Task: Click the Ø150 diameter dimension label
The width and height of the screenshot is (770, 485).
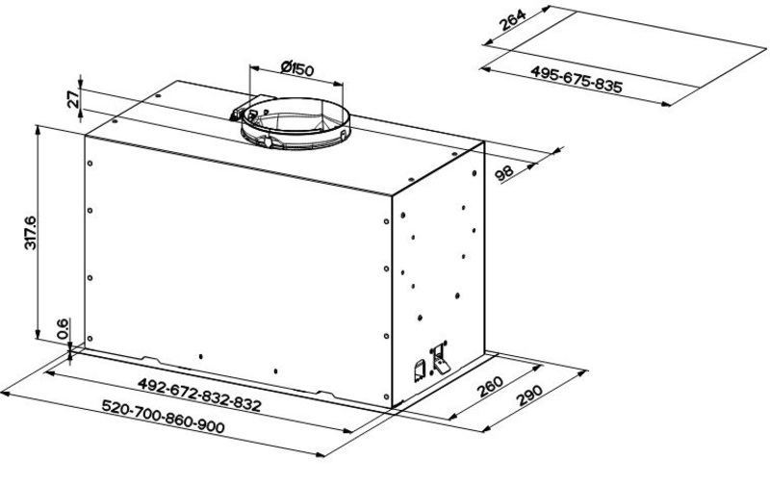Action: tap(297, 69)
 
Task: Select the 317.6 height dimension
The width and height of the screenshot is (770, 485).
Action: tap(31, 232)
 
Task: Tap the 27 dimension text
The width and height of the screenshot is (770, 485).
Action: tap(73, 100)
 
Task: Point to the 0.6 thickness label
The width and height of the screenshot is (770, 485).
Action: tap(63, 329)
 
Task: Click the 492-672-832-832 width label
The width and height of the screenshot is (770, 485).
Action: tap(199, 395)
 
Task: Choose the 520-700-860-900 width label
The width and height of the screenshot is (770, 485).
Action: tap(163, 417)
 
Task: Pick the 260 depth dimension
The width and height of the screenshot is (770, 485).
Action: tap(490, 387)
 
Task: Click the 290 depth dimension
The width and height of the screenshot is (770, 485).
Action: tap(530, 396)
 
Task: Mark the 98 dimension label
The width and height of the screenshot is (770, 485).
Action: tap(504, 173)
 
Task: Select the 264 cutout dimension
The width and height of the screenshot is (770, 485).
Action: tap(512, 20)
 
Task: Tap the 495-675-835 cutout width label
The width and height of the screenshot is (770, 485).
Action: tap(576, 80)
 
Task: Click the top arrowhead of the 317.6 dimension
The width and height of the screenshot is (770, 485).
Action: tap(38, 131)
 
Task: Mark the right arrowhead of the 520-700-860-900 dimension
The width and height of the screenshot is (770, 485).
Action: tap(320, 455)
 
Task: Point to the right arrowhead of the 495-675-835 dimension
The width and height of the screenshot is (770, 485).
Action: tap(666, 104)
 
